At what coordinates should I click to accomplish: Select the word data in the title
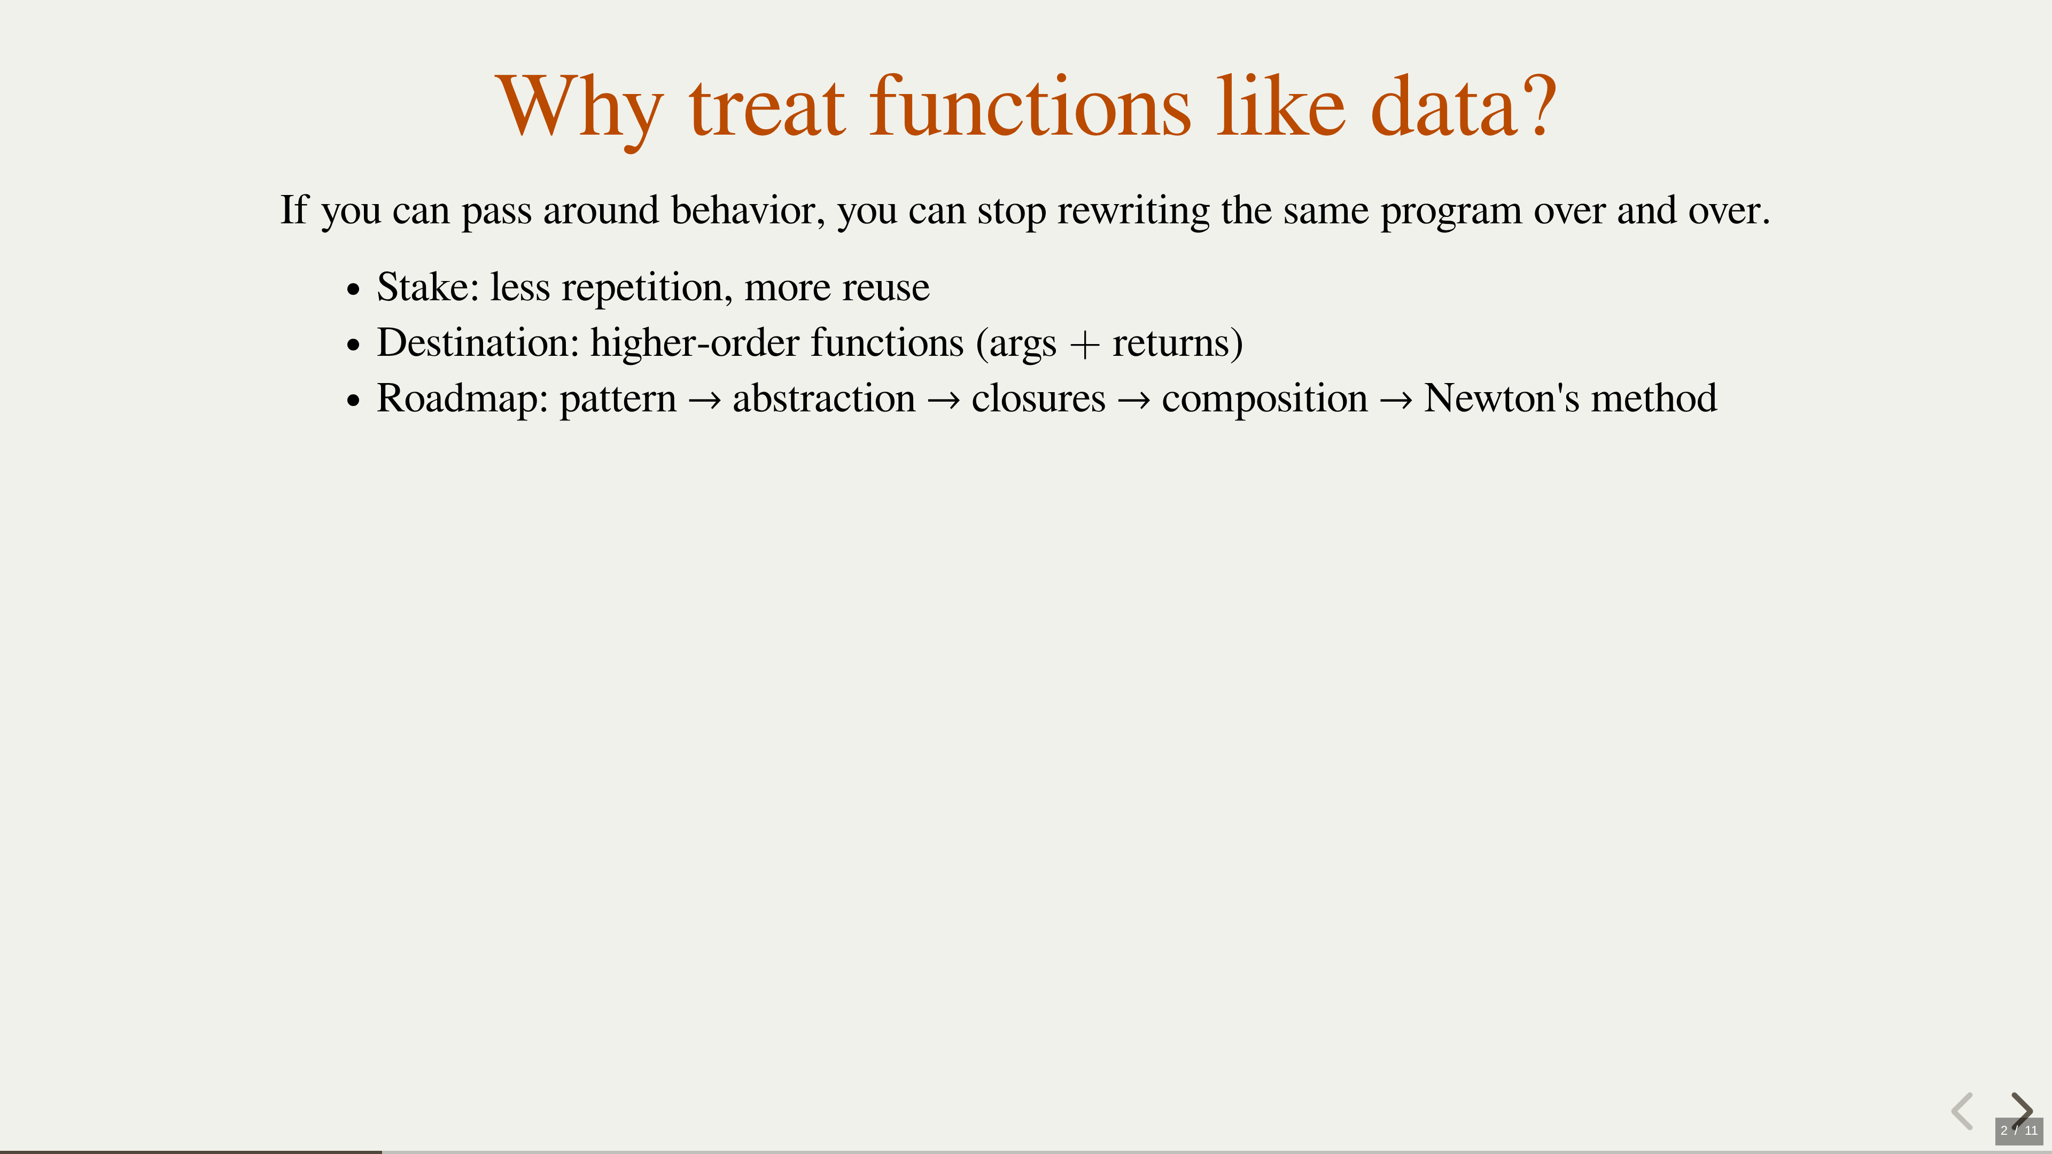[1443, 105]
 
